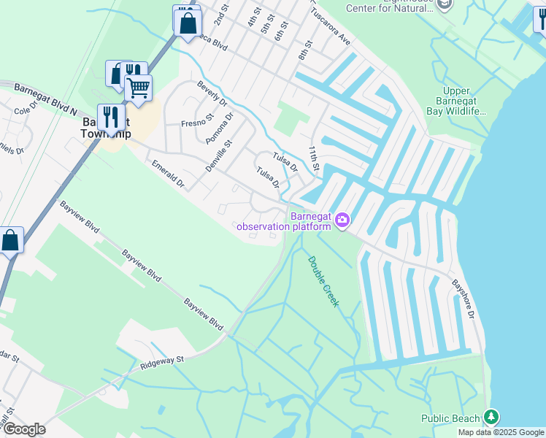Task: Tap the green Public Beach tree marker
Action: pyautogui.click(x=491, y=418)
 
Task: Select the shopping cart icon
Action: pyautogui.click(x=138, y=88)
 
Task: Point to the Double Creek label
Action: pyautogui.click(x=322, y=281)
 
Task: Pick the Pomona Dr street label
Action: pyautogui.click(x=220, y=128)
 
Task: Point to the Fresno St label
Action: pyautogui.click(x=198, y=117)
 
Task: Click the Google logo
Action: pyautogui.click(x=24, y=429)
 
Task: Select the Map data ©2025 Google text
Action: pyautogui.click(x=501, y=432)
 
